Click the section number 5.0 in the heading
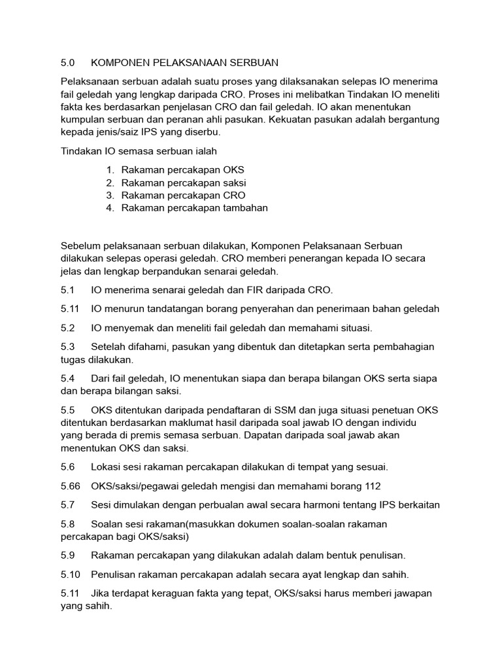pyautogui.click(x=68, y=63)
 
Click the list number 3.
pyautogui.click(x=110, y=195)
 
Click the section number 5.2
pyautogui.click(x=68, y=327)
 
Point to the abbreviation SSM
pyautogui.click(x=284, y=410)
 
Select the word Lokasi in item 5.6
pyautogui.click(x=107, y=467)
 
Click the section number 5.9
pyautogui.click(x=68, y=555)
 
